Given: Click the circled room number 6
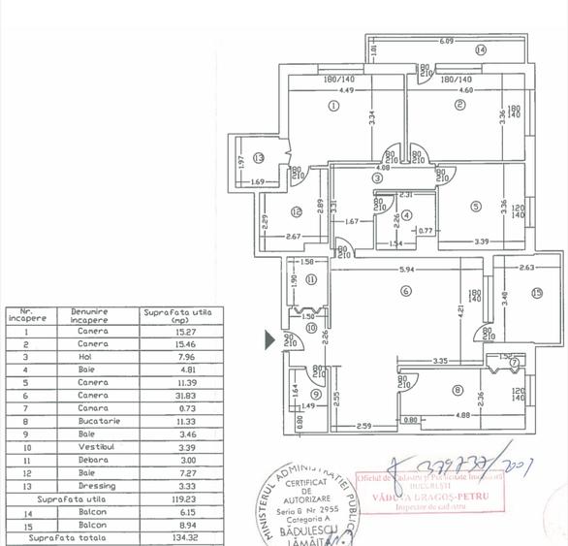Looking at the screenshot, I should (x=406, y=290).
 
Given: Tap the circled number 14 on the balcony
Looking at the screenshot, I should (x=480, y=50).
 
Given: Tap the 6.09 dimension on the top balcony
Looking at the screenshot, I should (x=446, y=41).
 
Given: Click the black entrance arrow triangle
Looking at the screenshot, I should (x=270, y=339).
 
